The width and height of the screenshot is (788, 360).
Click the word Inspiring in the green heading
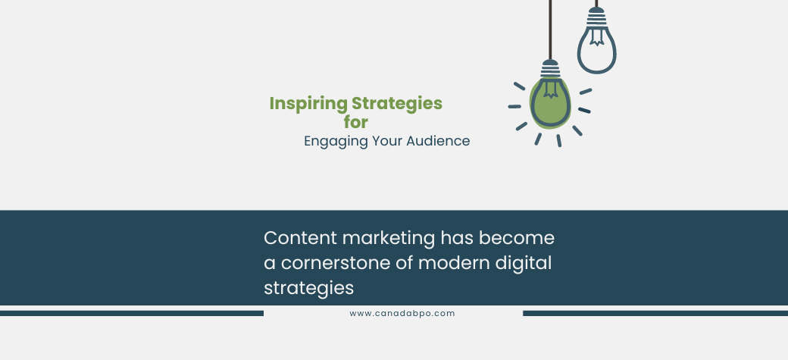pos(308,104)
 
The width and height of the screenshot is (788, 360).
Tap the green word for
pos(355,121)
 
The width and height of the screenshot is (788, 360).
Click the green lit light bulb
pos(549,102)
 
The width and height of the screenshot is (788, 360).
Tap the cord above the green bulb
pos(550,30)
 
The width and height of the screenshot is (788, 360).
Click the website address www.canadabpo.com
pos(402,313)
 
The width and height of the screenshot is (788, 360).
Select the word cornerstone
pos(335,263)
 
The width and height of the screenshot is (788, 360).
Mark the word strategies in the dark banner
pos(309,289)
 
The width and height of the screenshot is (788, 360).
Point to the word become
pos(519,238)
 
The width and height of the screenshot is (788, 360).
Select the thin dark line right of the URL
pos(655,313)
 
